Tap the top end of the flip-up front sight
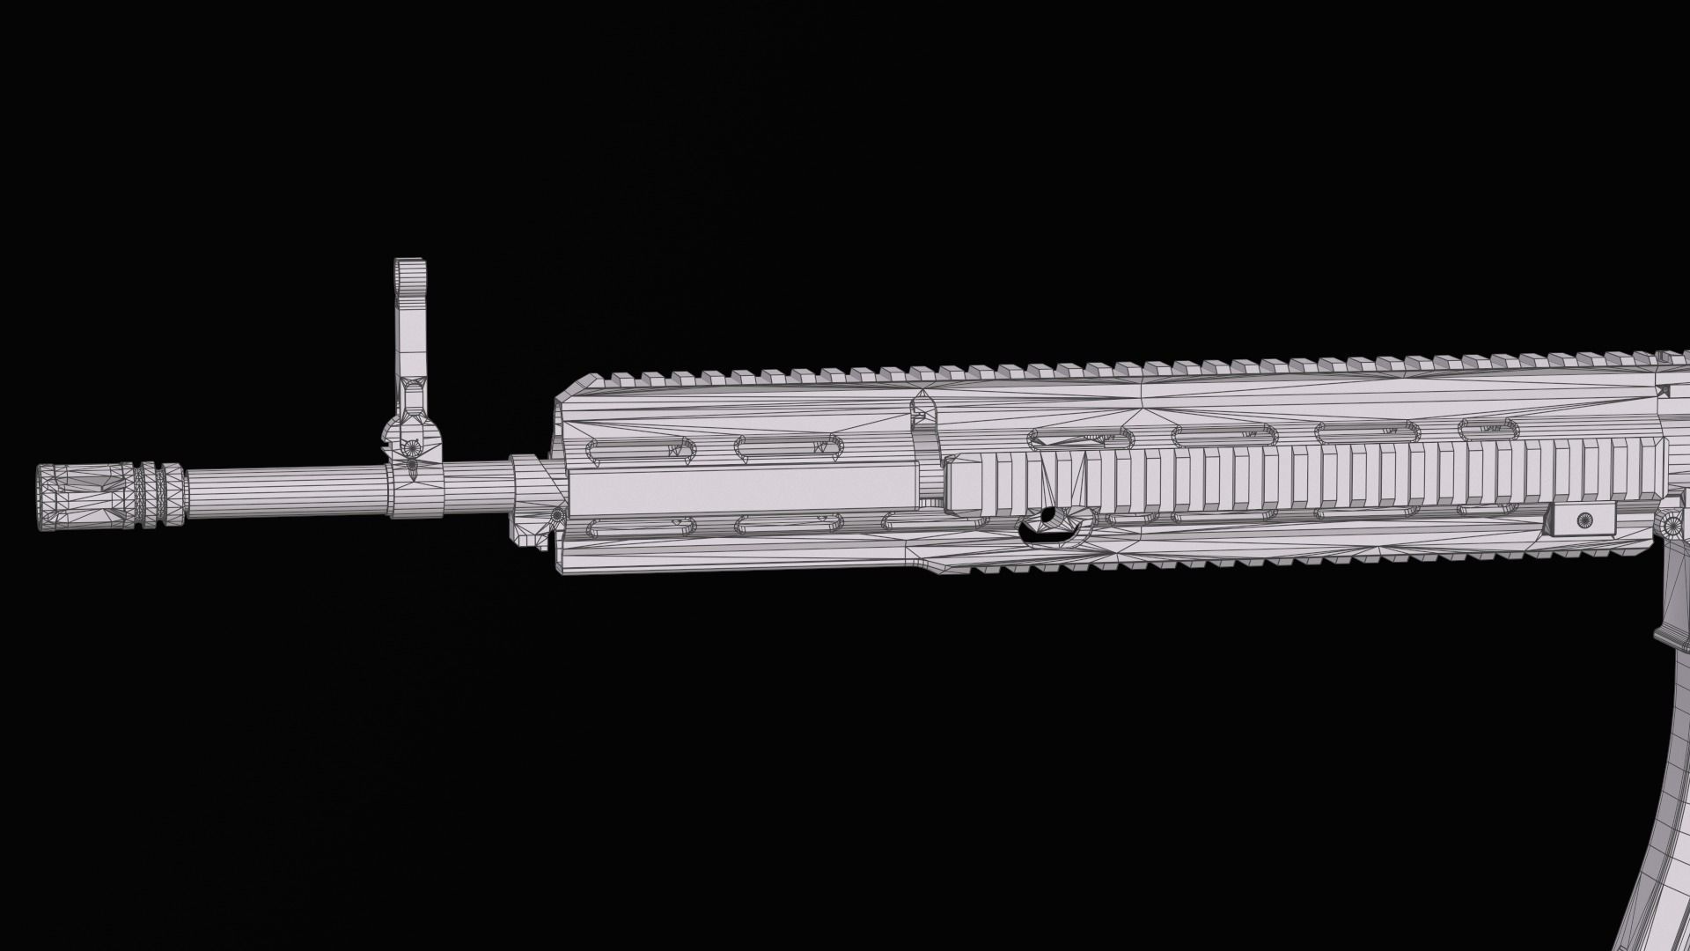pyautogui.click(x=409, y=267)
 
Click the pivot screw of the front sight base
pyautogui.click(x=410, y=465)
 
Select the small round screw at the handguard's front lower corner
pyautogui.click(x=555, y=514)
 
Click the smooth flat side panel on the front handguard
pyautogui.click(x=739, y=488)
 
